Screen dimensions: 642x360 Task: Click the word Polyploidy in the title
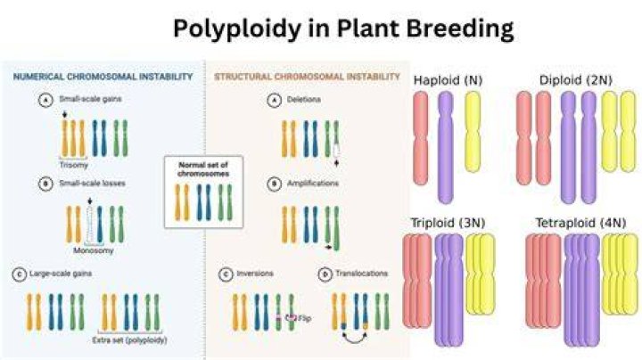point(236,29)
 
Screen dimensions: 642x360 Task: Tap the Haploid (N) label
point(448,80)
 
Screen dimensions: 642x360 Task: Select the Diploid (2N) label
point(576,80)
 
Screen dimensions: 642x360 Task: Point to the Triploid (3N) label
point(448,223)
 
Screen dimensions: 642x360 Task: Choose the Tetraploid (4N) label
point(581,223)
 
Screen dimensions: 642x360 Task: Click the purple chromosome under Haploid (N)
point(446,147)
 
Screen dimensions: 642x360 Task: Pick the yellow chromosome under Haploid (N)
point(473,132)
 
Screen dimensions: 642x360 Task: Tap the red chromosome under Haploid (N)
point(421,138)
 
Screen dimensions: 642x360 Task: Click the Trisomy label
point(74,165)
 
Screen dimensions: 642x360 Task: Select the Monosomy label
point(94,250)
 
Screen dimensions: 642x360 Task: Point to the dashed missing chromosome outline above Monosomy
point(90,225)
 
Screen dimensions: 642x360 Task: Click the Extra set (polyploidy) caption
point(130,340)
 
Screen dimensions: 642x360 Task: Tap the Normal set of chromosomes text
point(203,169)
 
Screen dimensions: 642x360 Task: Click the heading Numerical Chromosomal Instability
point(103,77)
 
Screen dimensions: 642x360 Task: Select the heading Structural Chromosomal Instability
point(307,77)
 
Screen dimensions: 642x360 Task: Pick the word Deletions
point(303,100)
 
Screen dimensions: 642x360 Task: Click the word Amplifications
point(312,183)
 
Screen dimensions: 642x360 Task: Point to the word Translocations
point(361,274)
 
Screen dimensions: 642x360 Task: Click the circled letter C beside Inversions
point(226,274)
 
